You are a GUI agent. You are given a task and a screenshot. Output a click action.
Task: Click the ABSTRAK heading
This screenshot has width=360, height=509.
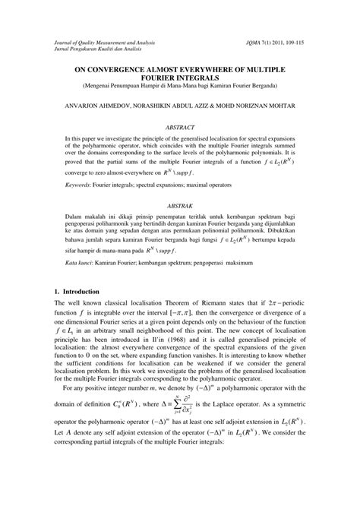coord(179,206)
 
